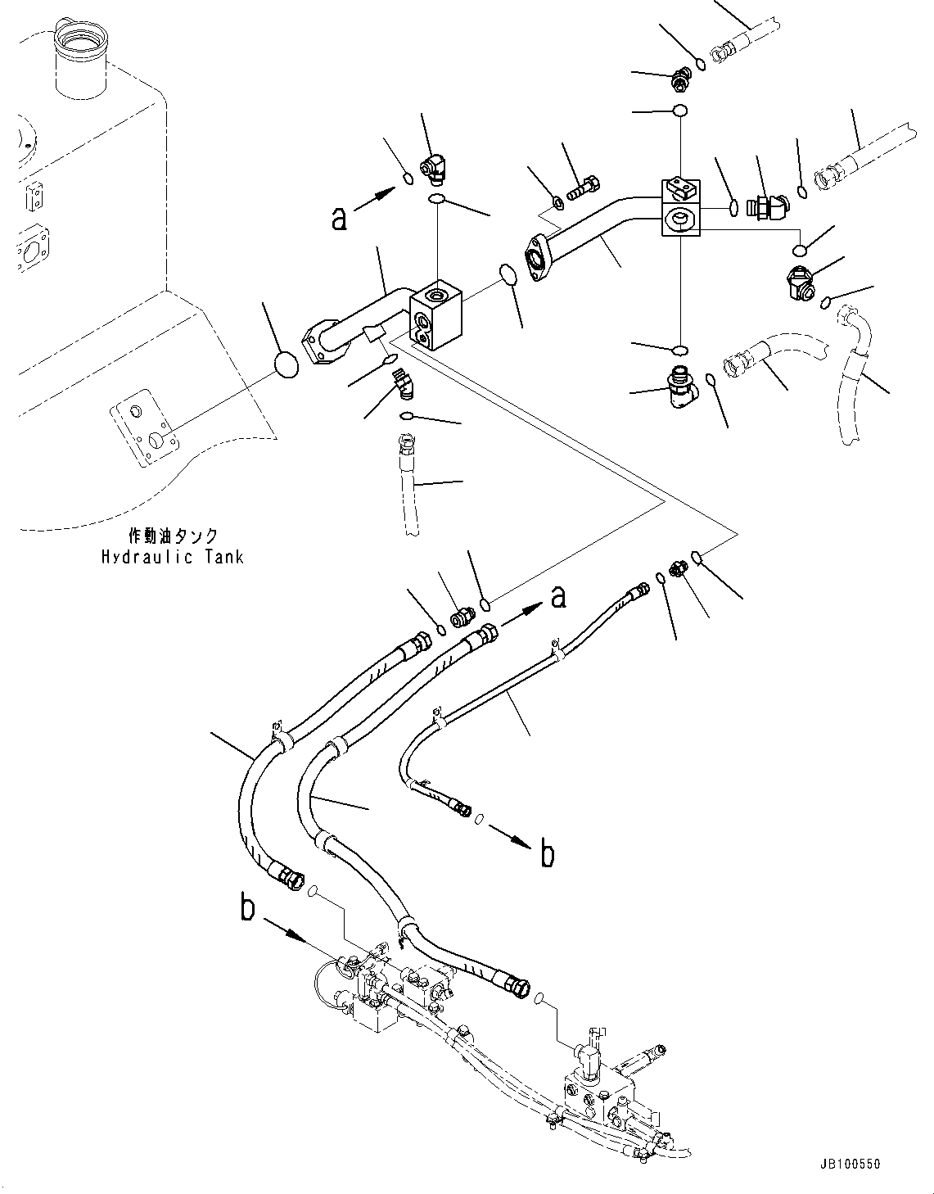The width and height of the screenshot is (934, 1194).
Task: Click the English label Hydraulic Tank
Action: coord(172,558)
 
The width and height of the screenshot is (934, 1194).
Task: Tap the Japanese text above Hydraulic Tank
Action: coord(173,536)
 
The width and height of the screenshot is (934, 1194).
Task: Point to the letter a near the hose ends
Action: coord(558,598)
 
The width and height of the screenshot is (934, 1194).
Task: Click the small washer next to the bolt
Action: coord(557,201)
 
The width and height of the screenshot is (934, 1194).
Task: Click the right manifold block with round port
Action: coord(680,219)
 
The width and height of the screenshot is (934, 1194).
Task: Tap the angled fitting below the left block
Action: coord(401,382)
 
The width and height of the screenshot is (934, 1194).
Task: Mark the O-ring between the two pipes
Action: coord(507,274)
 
